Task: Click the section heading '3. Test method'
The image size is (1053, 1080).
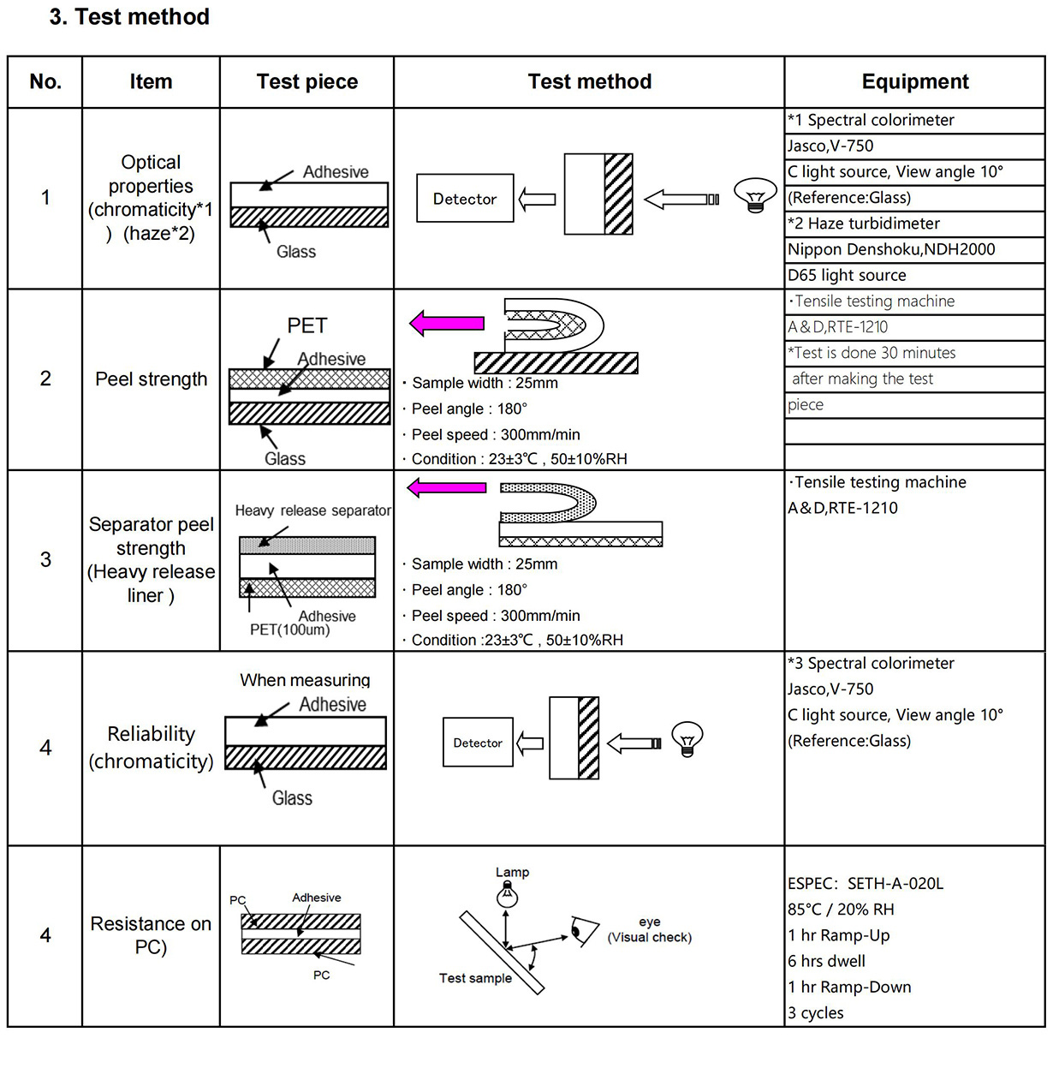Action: click(129, 16)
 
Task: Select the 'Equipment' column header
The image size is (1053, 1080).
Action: click(915, 81)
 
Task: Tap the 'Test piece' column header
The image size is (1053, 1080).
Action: click(306, 81)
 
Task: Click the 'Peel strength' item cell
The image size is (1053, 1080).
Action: click(151, 379)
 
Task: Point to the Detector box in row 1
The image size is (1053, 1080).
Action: click(465, 198)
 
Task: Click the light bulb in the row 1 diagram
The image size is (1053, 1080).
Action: click(755, 194)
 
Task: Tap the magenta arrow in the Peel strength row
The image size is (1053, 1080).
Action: click(447, 323)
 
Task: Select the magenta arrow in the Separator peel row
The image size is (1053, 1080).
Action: click(447, 488)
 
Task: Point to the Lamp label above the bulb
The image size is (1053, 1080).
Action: click(512, 872)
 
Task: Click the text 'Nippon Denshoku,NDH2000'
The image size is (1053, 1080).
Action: click(891, 249)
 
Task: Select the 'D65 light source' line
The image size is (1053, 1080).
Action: click(847, 275)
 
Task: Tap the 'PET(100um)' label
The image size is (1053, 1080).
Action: click(289, 630)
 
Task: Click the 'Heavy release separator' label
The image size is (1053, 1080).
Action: click(313, 510)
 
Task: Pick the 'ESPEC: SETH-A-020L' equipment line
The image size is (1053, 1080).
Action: click(865, 884)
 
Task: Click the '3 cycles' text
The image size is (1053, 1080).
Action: click(816, 1013)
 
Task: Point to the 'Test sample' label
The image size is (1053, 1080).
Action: click(475, 978)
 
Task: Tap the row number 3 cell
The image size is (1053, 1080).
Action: click(45, 559)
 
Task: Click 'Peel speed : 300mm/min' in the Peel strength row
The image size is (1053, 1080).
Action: click(496, 434)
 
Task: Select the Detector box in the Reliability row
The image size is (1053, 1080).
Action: click(478, 743)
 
